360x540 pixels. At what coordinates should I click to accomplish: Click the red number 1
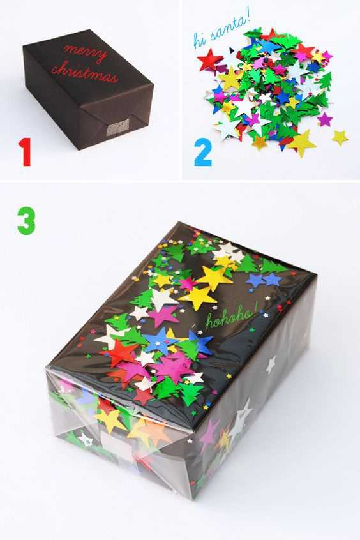tap(25, 152)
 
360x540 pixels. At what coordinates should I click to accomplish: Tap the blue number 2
tap(203, 152)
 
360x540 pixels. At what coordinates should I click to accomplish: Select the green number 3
tap(26, 220)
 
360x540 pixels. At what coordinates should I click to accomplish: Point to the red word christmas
tap(85, 72)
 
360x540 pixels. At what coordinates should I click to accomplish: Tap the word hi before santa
tap(199, 40)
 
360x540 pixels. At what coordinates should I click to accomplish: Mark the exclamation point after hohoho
tap(256, 311)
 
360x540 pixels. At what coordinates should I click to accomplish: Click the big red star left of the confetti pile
tap(210, 61)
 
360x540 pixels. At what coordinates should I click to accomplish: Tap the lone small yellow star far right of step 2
tap(340, 137)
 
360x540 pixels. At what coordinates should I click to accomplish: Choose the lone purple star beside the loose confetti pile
tap(325, 119)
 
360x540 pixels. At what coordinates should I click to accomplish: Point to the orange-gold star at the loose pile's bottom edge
tap(260, 142)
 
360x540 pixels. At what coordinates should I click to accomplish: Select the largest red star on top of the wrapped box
tap(119, 353)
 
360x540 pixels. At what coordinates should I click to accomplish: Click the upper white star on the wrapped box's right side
tap(271, 365)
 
